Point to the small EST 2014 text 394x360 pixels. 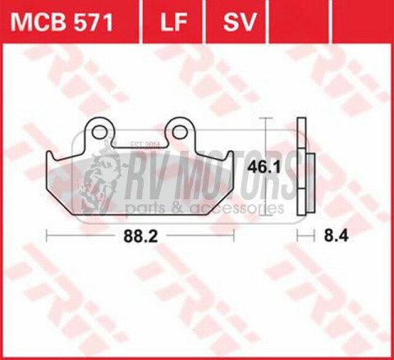pyautogui.click(x=144, y=146)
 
